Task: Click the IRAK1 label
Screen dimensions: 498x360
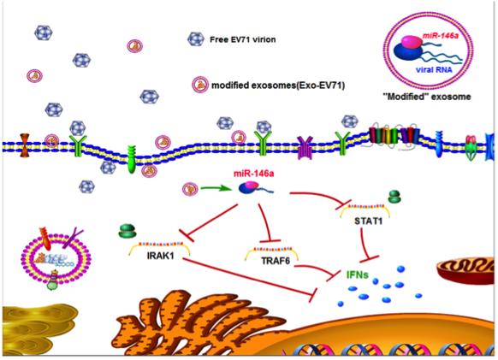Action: [160, 256]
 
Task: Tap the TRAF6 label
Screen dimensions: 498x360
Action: [276, 261]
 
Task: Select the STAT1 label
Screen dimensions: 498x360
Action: [368, 221]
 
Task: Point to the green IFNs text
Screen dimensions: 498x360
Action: [358, 274]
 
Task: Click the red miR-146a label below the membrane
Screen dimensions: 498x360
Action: [254, 174]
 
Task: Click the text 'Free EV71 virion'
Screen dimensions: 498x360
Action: [243, 39]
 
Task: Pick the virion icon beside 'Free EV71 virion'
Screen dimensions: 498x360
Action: [196, 39]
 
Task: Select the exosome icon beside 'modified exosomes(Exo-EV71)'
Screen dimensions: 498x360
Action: [200, 85]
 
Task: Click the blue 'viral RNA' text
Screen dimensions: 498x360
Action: [434, 69]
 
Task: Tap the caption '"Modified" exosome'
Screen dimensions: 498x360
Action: [427, 97]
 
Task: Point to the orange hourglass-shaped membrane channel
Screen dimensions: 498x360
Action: [25, 145]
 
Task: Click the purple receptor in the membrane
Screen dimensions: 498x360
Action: [305, 147]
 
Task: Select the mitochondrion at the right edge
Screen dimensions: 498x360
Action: [466, 271]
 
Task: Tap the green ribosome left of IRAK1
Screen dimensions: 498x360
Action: [127, 231]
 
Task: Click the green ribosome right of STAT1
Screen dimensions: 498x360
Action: [394, 197]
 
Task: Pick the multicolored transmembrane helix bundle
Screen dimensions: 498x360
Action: [394, 136]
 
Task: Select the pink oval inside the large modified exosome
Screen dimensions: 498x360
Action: [412, 42]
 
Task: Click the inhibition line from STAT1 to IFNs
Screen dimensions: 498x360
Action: [365, 244]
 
